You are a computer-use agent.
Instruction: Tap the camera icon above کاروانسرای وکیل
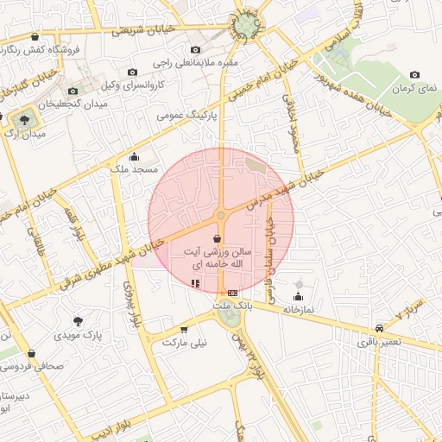coord(132,73)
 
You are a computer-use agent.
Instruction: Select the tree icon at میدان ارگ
coord(22,119)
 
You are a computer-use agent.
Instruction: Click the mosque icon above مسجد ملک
coord(134,156)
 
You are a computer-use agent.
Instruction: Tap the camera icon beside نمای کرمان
coord(416,76)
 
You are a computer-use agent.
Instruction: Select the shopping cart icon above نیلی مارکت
coord(184,329)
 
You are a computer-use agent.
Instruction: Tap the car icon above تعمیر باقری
coord(380,328)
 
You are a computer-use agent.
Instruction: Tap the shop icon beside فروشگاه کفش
coord(35,37)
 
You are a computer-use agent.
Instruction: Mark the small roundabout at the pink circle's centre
coord(221,215)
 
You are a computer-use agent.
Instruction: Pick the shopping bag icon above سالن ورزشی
coord(216,237)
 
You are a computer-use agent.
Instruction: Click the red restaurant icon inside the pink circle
coord(195,282)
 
